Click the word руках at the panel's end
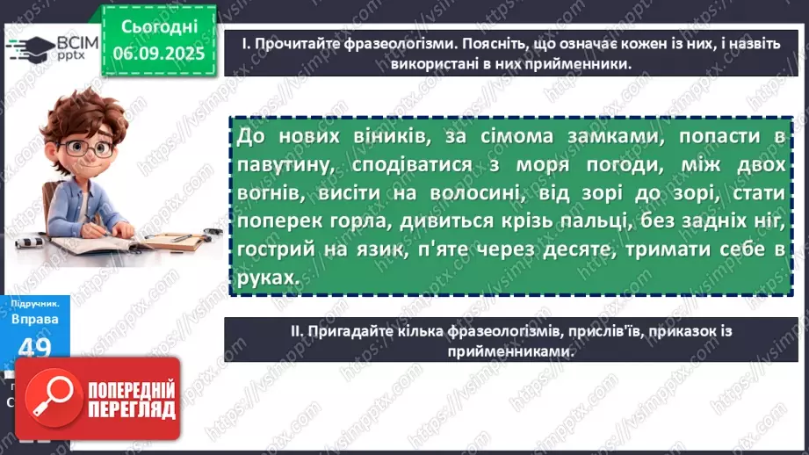[267, 276]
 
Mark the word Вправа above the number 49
[36, 319]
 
